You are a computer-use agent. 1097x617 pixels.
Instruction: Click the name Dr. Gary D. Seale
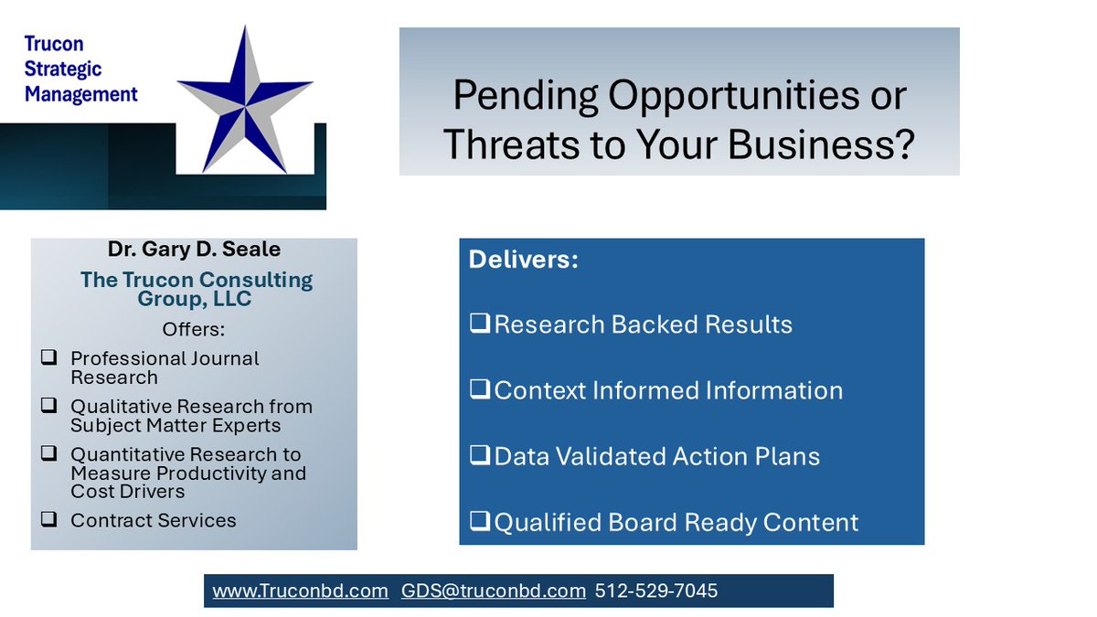194,250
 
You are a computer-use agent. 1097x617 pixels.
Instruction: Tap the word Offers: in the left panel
194,328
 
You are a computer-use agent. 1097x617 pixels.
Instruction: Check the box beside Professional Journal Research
48,358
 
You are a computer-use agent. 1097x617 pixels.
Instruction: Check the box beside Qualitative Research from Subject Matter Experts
48,406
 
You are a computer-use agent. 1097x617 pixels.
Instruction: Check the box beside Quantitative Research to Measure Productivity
48,453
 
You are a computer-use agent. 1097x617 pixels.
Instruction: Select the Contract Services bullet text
154,520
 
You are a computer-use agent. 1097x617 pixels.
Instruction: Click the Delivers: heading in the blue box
524,260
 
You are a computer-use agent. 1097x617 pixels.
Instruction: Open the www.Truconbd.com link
300,591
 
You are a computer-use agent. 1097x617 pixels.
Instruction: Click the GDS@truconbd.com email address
494,591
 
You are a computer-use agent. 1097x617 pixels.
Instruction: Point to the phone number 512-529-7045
656,591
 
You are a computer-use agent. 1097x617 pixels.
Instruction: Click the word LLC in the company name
232,300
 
